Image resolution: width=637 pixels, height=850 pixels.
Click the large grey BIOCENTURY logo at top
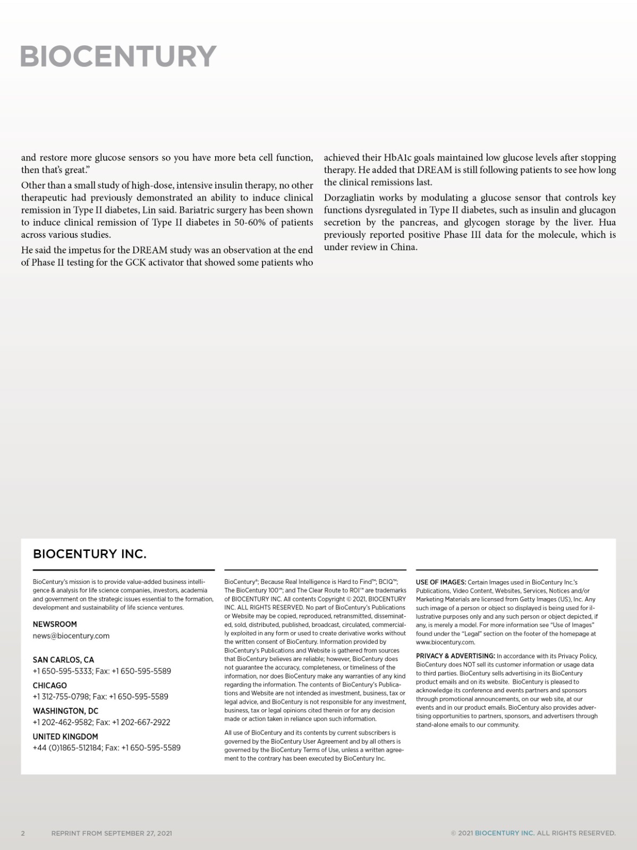(x=118, y=56)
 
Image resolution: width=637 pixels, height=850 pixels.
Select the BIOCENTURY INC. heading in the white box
(x=89, y=554)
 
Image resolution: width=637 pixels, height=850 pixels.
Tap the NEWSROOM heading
(x=55, y=624)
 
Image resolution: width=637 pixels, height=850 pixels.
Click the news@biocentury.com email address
(x=71, y=636)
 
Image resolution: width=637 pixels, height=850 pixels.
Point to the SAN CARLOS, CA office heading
(x=63, y=660)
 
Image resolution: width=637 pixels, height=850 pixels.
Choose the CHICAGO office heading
(x=50, y=685)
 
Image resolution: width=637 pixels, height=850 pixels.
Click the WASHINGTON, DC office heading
(x=65, y=711)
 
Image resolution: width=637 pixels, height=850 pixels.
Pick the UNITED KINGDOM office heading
(x=65, y=736)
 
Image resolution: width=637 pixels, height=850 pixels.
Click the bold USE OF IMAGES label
(x=441, y=582)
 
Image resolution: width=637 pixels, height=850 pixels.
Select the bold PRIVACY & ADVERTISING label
(x=455, y=656)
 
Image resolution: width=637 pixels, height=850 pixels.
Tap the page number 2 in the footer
(x=23, y=833)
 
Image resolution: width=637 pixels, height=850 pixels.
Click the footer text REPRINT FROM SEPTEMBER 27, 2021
(x=112, y=833)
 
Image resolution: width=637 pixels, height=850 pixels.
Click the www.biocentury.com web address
(x=445, y=642)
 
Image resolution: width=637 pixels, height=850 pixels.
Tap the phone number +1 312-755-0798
(x=61, y=696)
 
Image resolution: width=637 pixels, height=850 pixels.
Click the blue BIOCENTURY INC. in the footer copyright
(x=505, y=833)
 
